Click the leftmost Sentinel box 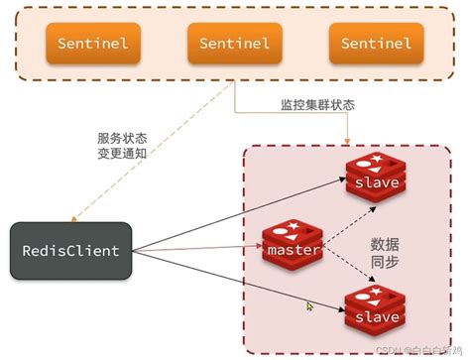(92, 43)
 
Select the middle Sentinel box (234, 43)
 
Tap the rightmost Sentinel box (375, 43)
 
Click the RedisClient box (70, 250)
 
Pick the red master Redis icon (293, 243)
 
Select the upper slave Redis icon (374, 175)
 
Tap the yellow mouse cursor (310, 307)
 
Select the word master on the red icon (293, 250)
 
